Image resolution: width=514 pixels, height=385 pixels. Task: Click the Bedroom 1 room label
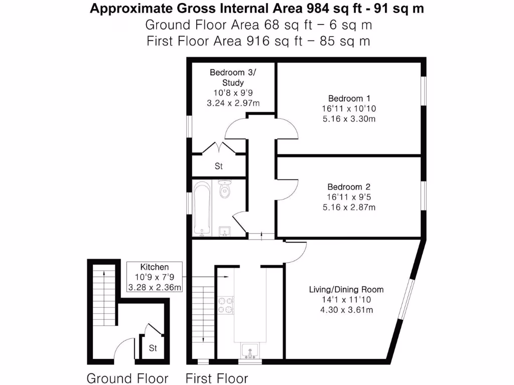(x=349, y=98)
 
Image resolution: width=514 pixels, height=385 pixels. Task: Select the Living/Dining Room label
(x=346, y=289)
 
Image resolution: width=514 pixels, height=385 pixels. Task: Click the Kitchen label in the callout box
(x=154, y=267)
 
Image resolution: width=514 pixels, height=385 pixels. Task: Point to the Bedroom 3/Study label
(x=233, y=77)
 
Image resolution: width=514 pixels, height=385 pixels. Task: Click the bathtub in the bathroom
(x=202, y=208)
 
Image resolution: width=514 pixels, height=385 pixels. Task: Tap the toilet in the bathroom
(x=225, y=189)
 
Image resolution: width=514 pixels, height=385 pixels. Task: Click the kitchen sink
(x=249, y=349)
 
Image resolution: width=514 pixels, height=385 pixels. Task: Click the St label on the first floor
(x=219, y=166)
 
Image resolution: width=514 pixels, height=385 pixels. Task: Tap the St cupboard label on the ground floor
(x=153, y=348)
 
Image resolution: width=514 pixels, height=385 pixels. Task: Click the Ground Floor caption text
(x=127, y=378)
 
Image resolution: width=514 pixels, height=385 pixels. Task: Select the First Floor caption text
(x=217, y=378)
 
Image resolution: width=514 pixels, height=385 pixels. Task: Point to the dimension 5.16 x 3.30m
(x=349, y=119)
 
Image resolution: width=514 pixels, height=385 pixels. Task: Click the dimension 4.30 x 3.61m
(x=346, y=310)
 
